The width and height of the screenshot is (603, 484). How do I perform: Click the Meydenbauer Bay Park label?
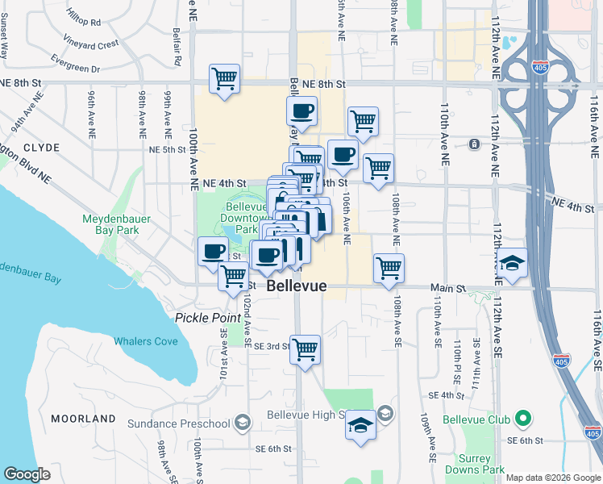click(110, 224)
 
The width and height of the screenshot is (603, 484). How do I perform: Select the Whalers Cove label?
click(145, 341)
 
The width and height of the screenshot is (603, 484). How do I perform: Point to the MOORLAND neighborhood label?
click(84, 419)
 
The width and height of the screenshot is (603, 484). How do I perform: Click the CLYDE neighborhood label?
click(41, 148)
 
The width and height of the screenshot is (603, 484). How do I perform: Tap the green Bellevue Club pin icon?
click(522, 419)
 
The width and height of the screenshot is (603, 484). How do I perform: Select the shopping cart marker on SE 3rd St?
click(305, 350)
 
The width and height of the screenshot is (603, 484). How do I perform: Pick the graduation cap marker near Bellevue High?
click(360, 425)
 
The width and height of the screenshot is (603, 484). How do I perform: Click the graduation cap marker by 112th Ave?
click(512, 264)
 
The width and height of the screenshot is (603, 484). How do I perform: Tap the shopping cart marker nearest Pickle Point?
click(233, 275)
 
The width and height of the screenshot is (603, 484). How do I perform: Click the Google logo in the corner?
click(27, 474)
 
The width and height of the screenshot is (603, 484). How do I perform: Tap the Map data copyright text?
click(552, 478)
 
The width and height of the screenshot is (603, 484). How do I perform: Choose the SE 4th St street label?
click(443, 395)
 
